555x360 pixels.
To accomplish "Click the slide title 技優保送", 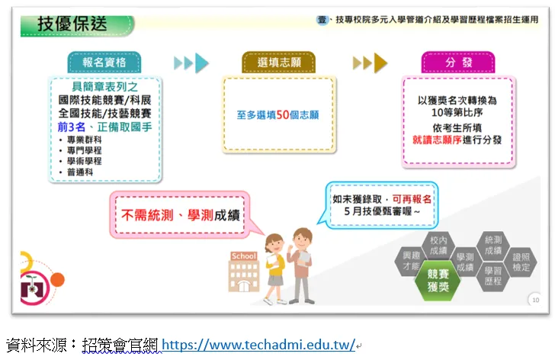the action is (72, 24).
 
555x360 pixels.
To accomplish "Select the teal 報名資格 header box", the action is (104, 63).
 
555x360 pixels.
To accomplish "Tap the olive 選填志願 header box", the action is (279, 63).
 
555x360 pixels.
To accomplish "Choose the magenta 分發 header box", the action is (458, 63).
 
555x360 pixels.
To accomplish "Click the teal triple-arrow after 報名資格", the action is (191, 63).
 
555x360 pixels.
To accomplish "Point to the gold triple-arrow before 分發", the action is (370, 63).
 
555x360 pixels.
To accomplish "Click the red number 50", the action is (282, 114).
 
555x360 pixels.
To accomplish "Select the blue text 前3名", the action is (72, 127).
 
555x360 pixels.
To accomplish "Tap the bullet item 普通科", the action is (80, 172).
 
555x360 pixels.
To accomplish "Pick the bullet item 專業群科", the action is (84, 140).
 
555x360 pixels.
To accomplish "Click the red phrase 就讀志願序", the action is (437, 140).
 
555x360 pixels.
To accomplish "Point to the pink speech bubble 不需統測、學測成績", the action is (180, 214).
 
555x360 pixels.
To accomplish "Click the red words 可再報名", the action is (412, 199).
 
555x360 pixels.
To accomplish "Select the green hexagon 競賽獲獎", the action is (438, 280).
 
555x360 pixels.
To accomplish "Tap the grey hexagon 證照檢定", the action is (521, 262).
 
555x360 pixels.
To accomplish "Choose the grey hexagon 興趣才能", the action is (411, 261).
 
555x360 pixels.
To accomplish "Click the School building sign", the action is (243, 256).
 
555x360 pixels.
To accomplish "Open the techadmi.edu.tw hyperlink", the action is (258, 345).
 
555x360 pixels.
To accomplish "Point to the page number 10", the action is (535, 300).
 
